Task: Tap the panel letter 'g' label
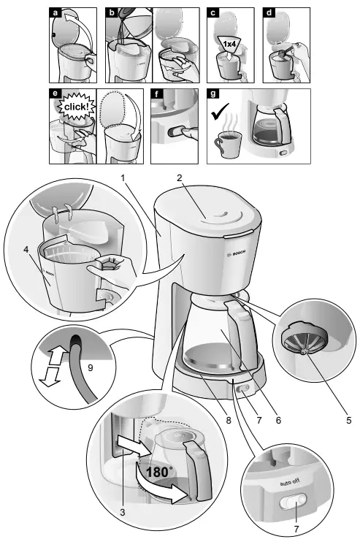212,94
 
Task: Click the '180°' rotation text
158,472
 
